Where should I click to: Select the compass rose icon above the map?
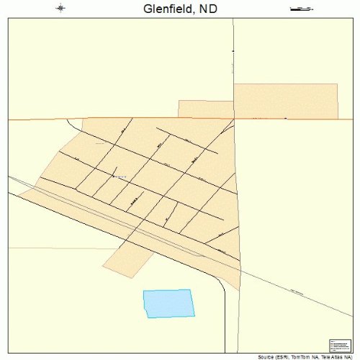60,9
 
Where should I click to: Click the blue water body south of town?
168,303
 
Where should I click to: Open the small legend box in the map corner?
338,345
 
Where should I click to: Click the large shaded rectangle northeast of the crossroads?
286,101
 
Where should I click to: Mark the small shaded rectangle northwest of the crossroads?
205,108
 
